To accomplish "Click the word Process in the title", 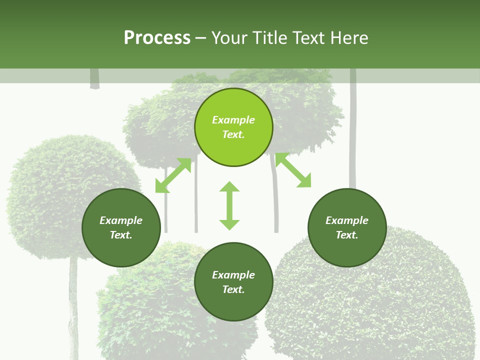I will click(157, 38).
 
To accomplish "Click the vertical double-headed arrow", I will click(229, 205).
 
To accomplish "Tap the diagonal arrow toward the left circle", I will click(173, 175).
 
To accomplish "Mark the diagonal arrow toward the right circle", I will click(293, 170).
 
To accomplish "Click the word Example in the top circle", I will click(233, 120).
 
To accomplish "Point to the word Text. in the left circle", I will click(121, 235).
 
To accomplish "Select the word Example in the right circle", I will click(347, 220).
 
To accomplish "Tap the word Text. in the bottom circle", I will click(233, 289).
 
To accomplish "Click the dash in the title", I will click(201, 38).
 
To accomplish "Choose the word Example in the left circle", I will click(121, 220).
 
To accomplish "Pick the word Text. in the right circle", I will click(347, 235).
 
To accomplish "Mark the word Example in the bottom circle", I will click(233, 275).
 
